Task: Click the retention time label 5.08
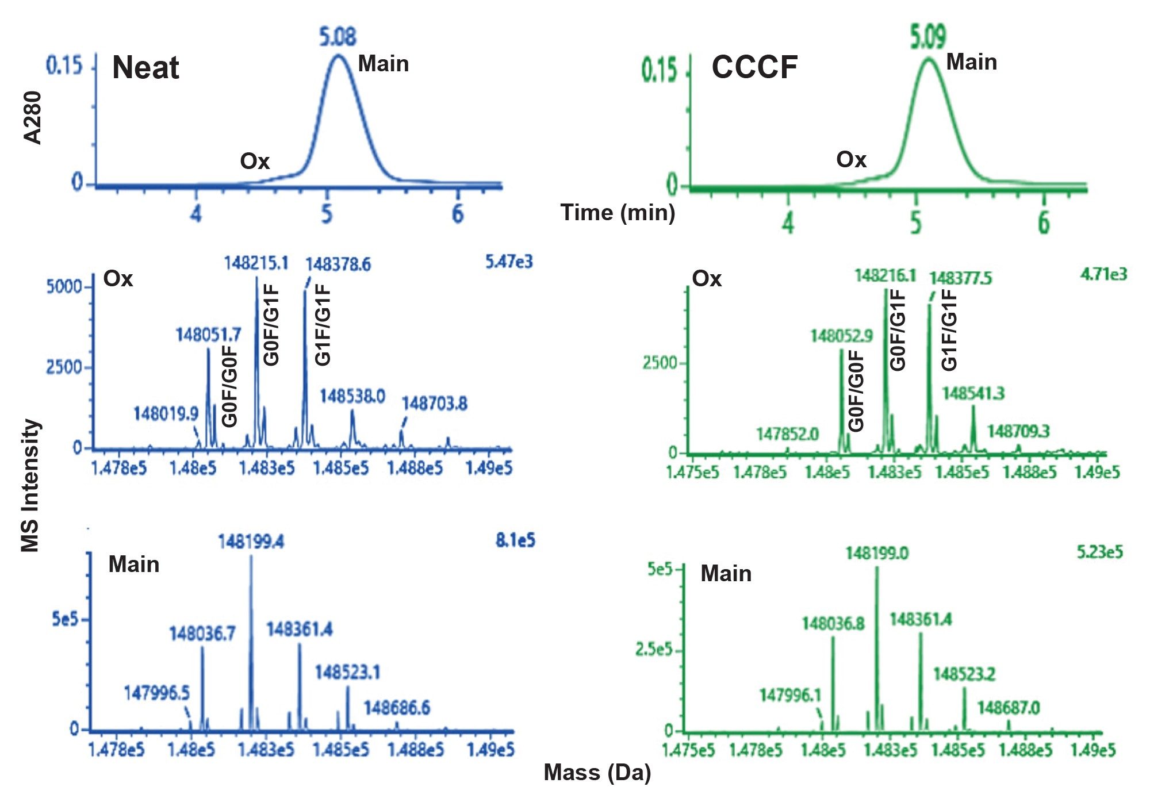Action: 338,37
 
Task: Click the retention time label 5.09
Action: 928,36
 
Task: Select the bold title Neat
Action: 145,67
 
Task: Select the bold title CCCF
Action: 754,67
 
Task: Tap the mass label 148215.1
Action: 256,263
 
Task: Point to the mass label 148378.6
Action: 338,264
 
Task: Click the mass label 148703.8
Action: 434,404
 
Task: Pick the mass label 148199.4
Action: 251,542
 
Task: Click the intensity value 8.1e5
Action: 515,540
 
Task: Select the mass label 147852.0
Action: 787,433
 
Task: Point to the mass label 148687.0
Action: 1008,707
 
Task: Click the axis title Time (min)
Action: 618,213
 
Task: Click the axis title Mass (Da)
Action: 597,773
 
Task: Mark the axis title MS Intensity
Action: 30,486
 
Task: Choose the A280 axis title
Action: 33,117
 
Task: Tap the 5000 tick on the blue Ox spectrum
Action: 64,286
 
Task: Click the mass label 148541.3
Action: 973,393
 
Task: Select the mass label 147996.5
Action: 156,693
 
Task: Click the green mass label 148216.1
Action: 885,275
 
